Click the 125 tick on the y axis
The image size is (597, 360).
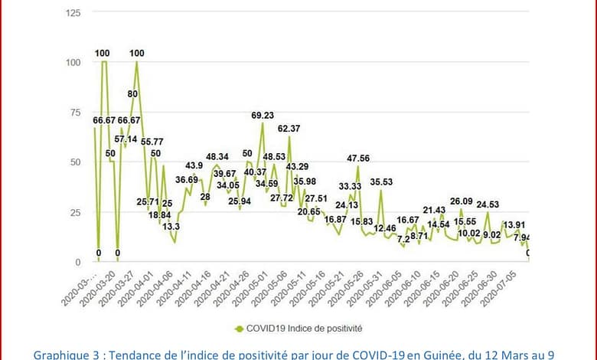[75, 13]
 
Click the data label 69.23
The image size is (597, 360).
[263, 116]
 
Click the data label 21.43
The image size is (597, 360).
[435, 210]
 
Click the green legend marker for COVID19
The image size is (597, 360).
[238, 328]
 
